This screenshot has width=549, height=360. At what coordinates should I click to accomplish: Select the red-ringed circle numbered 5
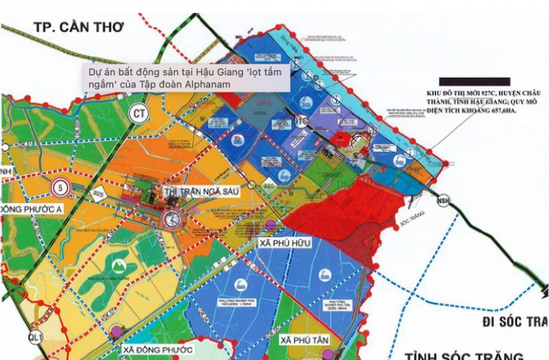pos(61,188)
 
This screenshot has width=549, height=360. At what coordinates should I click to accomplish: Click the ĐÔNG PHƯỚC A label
pos(32,208)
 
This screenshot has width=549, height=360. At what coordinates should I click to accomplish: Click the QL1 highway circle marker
pos(35,338)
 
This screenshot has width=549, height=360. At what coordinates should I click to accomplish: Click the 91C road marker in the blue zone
pos(300,122)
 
